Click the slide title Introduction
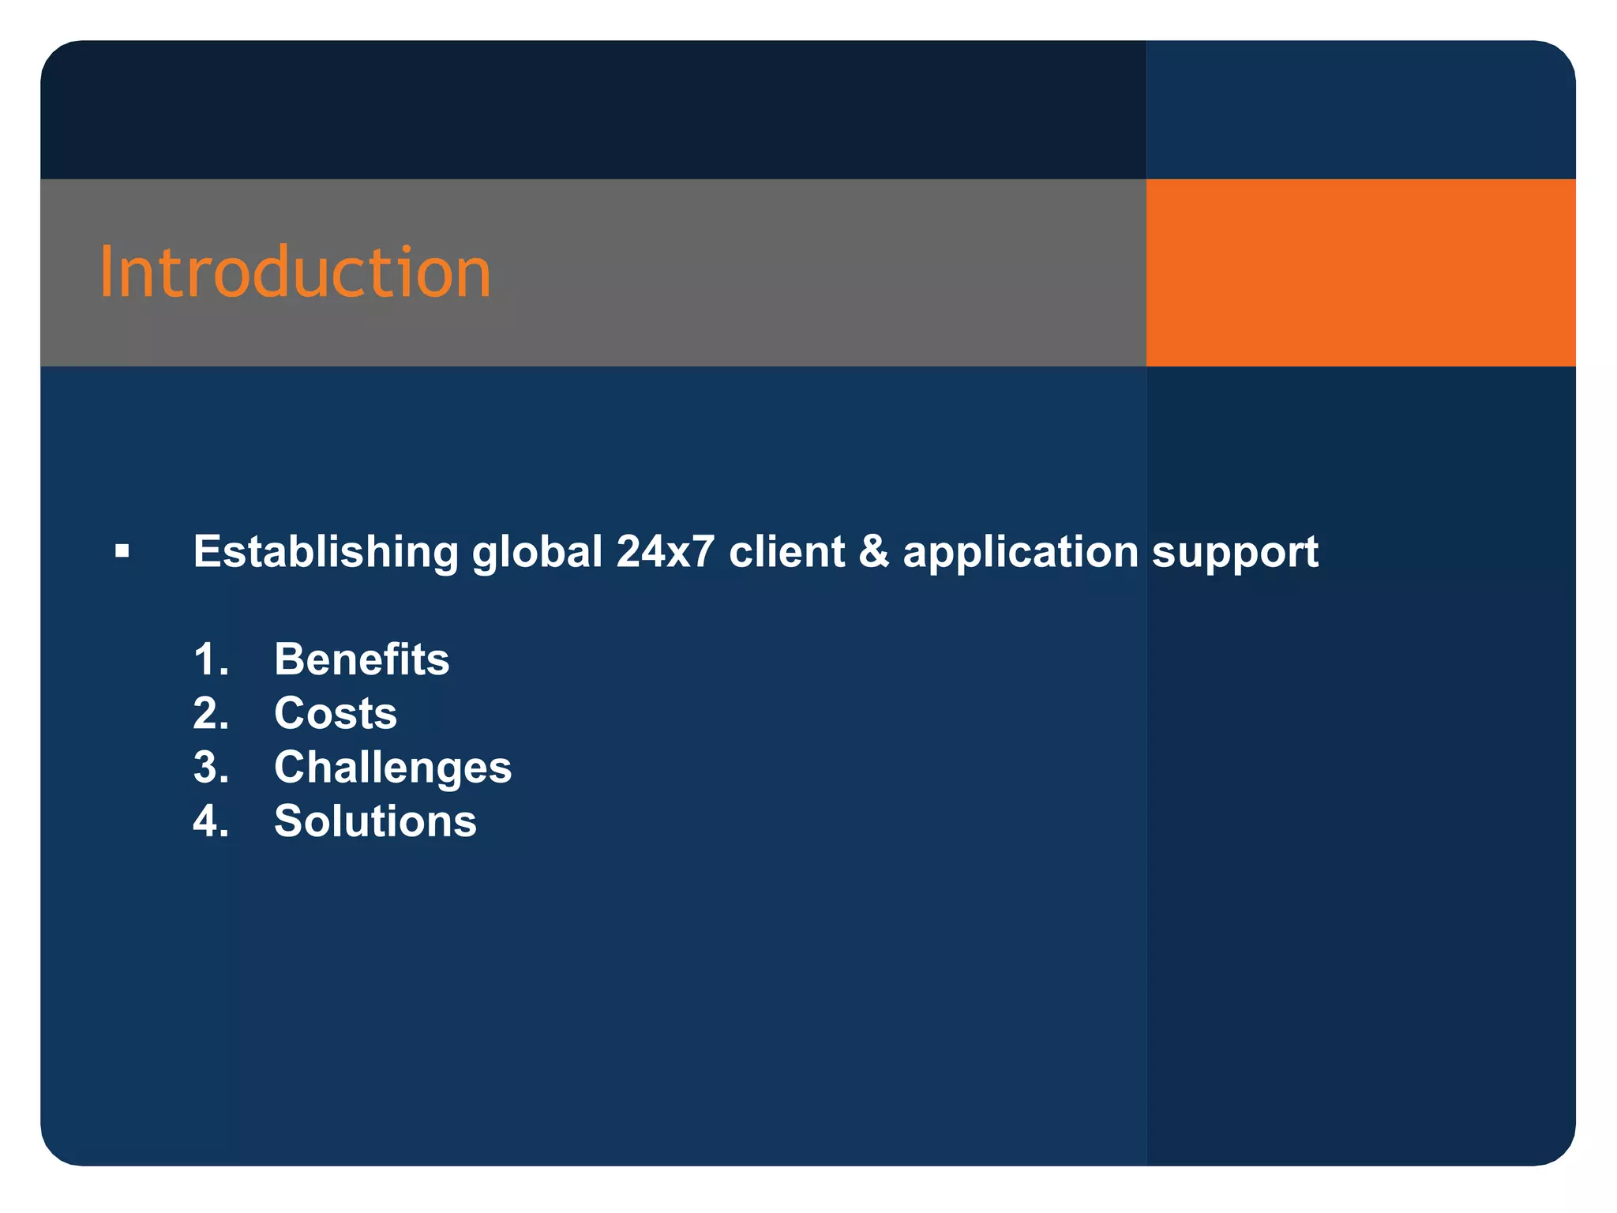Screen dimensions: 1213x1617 (x=295, y=272)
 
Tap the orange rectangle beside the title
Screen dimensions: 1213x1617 (x=1360, y=272)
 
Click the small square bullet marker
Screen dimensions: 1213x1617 (x=122, y=551)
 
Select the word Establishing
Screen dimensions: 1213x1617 (x=325, y=551)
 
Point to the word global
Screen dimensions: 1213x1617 (x=537, y=551)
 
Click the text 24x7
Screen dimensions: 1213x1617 (x=665, y=551)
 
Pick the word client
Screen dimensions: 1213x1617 (x=786, y=551)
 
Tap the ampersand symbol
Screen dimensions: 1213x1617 (x=873, y=551)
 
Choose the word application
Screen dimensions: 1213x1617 (x=1020, y=551)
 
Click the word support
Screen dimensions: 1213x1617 (x=1235, y=551)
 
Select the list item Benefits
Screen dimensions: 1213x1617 (x=362, y=659)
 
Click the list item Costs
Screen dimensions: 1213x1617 (x=336, y=713)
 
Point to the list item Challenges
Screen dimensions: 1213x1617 (x=392, y=767)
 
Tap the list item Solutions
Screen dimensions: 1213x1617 (x=375, y=821)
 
